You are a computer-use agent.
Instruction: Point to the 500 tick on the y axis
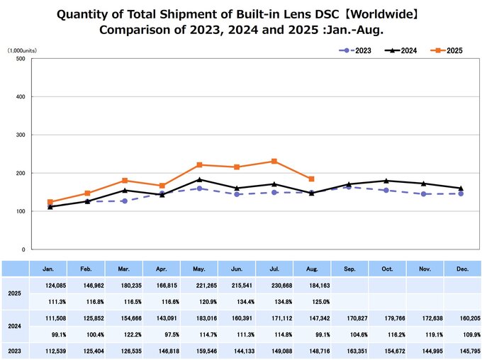click(x=21, y=59)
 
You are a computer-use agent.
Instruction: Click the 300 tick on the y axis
click(x=21, y=135)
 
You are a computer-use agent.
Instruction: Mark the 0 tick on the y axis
click(x=24, y=249)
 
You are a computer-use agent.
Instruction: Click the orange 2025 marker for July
click(x=274, y=162)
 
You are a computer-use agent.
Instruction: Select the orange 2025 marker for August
click(x=311, y=179)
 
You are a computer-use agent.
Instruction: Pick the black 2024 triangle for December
click(x=461, y=189)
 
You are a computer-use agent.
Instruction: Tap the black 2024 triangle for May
click(x=199, y=179)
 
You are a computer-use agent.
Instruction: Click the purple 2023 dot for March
click(x=124, y=201)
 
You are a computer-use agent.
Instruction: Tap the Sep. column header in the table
click(x=349, y=269)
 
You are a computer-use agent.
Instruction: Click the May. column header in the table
click(x=199, y=269)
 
